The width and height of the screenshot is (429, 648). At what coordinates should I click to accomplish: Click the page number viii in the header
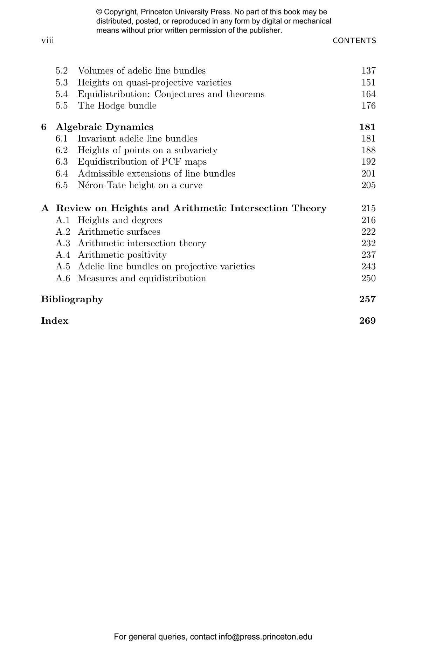coord(48,40)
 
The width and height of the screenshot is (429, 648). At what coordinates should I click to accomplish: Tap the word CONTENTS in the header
coord(354,41)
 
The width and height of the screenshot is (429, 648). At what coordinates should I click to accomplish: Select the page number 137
coord(368,71)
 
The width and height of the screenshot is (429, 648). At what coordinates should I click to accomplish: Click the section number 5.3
coord(62,83)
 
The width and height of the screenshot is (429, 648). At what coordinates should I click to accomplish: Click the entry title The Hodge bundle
coord(117,106)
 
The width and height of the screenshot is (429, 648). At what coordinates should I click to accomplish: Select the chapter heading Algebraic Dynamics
coord(104,127)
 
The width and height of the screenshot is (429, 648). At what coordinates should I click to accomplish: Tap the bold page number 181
coord(367,127)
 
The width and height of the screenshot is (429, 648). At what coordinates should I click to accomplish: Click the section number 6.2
coord(62,150)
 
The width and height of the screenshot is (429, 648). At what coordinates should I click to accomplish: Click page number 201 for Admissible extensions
coord(368,174)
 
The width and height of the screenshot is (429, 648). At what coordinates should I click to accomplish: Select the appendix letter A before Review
coord(45,208)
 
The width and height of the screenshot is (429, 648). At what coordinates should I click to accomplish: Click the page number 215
coord(368,208)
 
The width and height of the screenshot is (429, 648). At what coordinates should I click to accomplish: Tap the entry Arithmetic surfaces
coord(119,232)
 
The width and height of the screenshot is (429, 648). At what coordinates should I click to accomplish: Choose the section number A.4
coord(63,255)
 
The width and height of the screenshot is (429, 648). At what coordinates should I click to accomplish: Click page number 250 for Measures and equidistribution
coord(368,278)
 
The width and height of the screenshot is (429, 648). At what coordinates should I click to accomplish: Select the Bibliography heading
coord(72,299)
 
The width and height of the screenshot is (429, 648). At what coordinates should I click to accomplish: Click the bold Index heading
coord(55,321)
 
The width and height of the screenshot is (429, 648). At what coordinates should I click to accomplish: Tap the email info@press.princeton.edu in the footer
coord(265,637)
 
